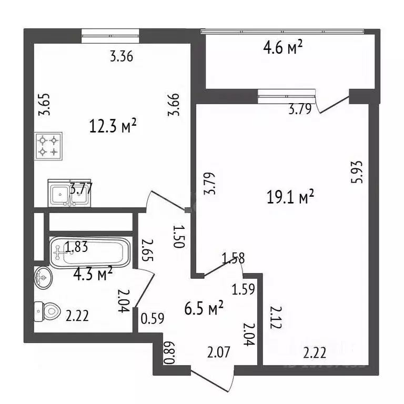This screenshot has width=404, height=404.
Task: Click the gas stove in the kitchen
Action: pos(48,146)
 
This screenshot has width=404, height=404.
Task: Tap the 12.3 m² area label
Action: pos(113,126)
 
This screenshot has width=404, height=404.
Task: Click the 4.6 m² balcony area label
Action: pos(282,48)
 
